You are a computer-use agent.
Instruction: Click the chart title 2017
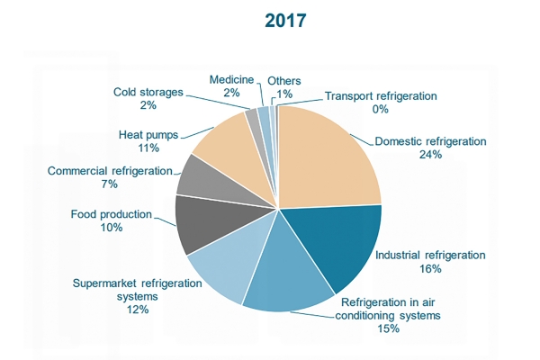tap(285, 21)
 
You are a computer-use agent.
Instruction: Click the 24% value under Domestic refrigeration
tap(430, 155)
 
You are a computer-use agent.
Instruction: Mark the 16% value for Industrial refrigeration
tap(430, 269)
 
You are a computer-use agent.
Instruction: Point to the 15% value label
tap(389, 328)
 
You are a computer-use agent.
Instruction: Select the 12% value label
tap(138, 310)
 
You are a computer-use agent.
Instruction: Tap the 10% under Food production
tap(112, 228)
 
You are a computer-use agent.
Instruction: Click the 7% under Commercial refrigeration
tap(110, 184)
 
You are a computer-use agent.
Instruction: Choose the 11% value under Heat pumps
tap(148, 148)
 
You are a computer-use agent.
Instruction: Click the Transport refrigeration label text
tap(381, 96)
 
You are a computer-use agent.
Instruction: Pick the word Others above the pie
tap(284, 81)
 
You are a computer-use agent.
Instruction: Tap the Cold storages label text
tap(148, 93)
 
